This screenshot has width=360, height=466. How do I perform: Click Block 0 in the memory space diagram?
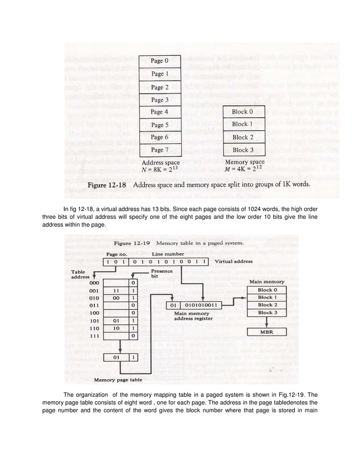point(243,112)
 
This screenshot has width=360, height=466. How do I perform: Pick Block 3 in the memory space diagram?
point(243,150)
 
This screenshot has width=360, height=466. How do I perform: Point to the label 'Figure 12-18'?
point(108,184)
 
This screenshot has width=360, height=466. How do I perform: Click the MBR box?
point(267,333)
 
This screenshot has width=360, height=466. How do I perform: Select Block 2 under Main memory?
point(267,305)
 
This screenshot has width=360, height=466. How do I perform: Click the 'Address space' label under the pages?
point(161,162)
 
